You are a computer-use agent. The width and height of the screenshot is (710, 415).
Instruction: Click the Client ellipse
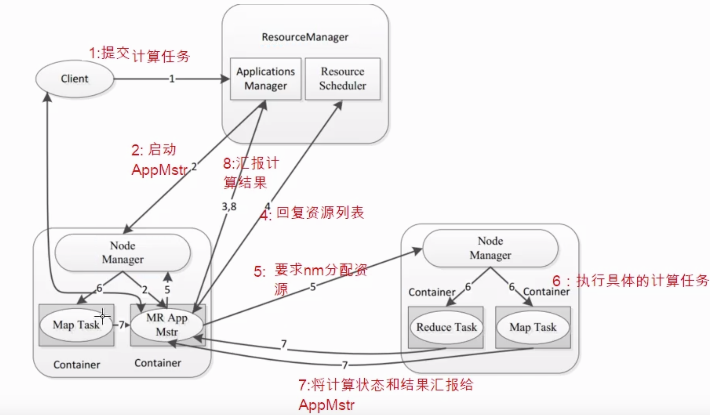pyautogui.click(x=74, y=79)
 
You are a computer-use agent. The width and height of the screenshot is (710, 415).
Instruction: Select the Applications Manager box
pyautogui.click(x=265, y=79)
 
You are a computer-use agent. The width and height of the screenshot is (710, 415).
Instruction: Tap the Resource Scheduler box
pyautogui.click(x=343, y=79)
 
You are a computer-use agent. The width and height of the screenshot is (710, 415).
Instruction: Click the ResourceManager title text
pyautogui.click(x=305, y=37)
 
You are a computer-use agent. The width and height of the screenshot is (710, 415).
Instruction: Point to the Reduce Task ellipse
pyautogui.click(x=446, y=327)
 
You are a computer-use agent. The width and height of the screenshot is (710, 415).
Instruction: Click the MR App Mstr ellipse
pyautogui.click(x=167, y=325)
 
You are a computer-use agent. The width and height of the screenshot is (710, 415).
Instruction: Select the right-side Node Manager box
pyautogui.click(x=490, y=248)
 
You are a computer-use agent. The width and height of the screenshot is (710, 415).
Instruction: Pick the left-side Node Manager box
pyautogui.click(x=123, y=253)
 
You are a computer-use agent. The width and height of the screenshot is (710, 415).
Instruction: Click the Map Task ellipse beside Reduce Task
pyautogui.click(x=533, y=327)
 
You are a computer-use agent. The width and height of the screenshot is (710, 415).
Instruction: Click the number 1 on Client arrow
pyautogui.click(x=172, y=79)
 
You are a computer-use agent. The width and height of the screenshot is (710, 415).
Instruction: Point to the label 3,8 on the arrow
pyautogui.click(x=229, y=206)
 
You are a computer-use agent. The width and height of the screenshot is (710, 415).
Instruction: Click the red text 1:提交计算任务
pyautogui.click(x=139, y=54)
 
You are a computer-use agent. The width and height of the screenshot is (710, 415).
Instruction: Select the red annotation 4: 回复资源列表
pyautogui.click(x=312, y=213)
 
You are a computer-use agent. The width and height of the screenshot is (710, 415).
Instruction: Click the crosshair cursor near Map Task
pyautogui.click(x=102, y=316)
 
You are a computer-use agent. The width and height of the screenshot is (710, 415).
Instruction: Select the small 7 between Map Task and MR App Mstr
pyautogui.click(x=122, y=325)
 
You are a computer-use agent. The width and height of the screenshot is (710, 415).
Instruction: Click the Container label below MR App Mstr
pyautogui.click(x=158, y=363)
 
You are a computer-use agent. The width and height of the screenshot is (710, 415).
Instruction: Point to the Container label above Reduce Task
pyautogui.click(x=431, y=292)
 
